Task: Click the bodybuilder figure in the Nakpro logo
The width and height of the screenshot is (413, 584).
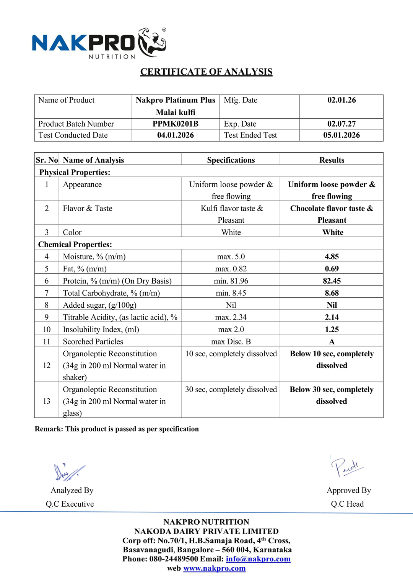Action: click(x=152, y=42)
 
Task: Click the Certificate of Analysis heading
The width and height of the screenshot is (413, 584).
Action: click(x=206, y=72)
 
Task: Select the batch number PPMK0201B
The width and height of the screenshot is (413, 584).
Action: click(x=176, y=124)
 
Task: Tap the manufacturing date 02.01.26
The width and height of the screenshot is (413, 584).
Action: click(x=341, y=100)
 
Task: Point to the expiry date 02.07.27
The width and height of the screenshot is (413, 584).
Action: click(x=341, y=124)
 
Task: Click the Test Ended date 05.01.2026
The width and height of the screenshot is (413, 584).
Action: click(x=341, y=135)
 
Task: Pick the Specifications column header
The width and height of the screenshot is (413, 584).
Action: click(x=231, y=160)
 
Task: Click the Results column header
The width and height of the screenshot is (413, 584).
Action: click(x=332, y=160)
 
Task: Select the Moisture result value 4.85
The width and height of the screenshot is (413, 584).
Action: click(x=332, y=256)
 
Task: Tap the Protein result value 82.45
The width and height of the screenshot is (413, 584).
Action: click(x=332, y=281)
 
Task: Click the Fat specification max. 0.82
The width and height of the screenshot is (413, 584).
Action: click(x=231, y=269)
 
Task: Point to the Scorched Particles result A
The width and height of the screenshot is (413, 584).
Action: click(x=332, y=341)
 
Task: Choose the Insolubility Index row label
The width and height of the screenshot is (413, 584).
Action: click(x=101, y=330)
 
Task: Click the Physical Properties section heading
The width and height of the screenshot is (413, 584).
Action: click(x=75, y=172)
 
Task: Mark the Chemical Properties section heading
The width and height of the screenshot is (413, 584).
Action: click(x=75, y=245)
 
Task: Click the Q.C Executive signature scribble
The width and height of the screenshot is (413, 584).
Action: click(x=69, y=472)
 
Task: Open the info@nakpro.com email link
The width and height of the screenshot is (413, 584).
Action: click(x=258, y=559)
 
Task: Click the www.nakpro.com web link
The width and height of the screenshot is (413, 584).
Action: click(x=215, y=568)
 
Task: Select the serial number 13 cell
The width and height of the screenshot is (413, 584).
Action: click(x=47, y=401)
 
